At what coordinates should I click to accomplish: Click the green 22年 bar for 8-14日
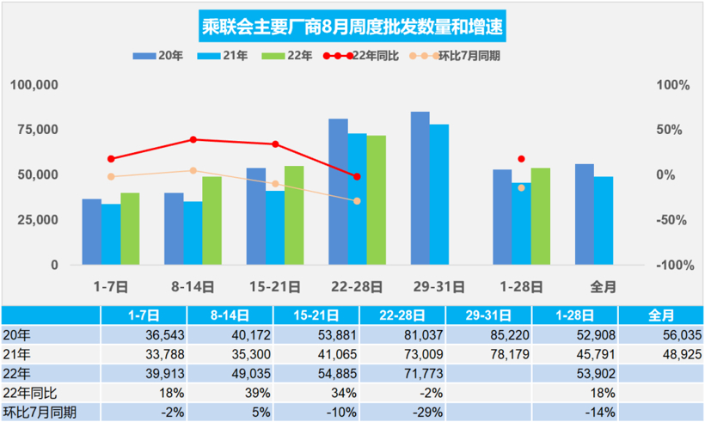coord(212,220)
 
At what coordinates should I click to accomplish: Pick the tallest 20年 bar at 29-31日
coord(420,188)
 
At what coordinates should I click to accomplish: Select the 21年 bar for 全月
coord(604,220)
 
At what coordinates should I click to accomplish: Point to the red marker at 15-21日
coord(275,144)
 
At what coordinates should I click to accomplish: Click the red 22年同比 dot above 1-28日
coord(521,159)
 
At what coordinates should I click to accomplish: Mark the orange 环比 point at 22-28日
coord(358,201)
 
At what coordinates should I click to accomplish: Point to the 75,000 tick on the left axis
coord(34,130)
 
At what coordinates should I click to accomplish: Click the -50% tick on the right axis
coord(672,219)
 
